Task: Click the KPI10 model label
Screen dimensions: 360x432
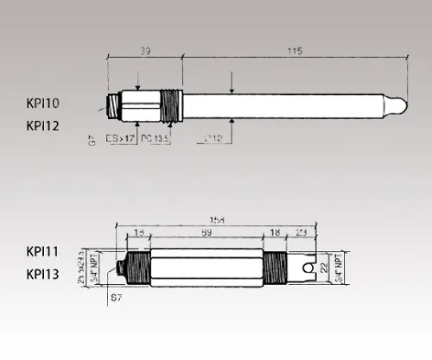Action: pos(43,103)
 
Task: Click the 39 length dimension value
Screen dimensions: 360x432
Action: pos(144,53)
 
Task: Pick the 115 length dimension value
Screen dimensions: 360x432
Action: pos(293,53)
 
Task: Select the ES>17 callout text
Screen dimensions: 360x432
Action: pos(119,138)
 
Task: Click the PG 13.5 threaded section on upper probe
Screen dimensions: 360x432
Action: pos(172,104)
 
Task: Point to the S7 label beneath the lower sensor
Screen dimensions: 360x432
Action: pos(117,298)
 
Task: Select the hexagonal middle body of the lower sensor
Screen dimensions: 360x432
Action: pos(207,267)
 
